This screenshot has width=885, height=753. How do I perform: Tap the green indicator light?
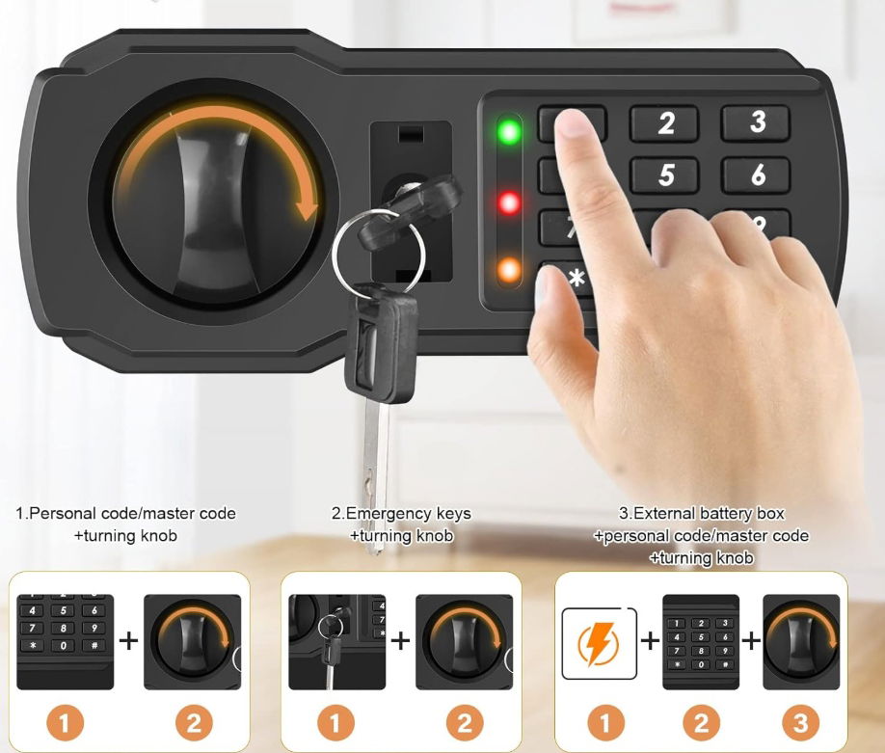click(509, 131)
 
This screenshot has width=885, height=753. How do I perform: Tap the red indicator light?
click(509, 203)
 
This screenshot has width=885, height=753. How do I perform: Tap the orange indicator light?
click(509, 270)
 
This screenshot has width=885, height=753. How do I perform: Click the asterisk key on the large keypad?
click(577, 279)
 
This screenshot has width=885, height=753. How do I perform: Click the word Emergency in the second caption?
click(381, 514)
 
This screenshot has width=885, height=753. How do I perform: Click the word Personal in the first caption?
click(62, 514)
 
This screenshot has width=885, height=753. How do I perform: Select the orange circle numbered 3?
click(800, 723)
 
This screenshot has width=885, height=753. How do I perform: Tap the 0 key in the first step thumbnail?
click(64, 645)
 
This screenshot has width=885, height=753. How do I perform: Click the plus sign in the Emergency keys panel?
click(400, 640)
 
